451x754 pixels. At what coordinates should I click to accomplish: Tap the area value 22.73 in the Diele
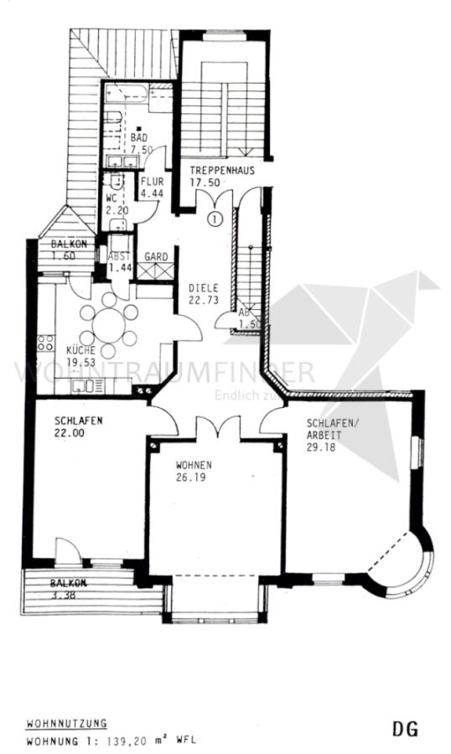202,299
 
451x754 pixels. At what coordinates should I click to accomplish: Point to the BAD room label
138,136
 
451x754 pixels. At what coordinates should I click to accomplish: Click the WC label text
111,199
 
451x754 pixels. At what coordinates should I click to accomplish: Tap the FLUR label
152,181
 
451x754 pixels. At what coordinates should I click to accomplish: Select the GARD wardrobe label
156,256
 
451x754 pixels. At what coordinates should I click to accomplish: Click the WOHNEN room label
193,465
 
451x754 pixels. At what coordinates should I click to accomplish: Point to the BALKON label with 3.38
69,583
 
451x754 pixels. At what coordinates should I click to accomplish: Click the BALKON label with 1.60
69,244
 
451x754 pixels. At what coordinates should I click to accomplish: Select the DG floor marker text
405,730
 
